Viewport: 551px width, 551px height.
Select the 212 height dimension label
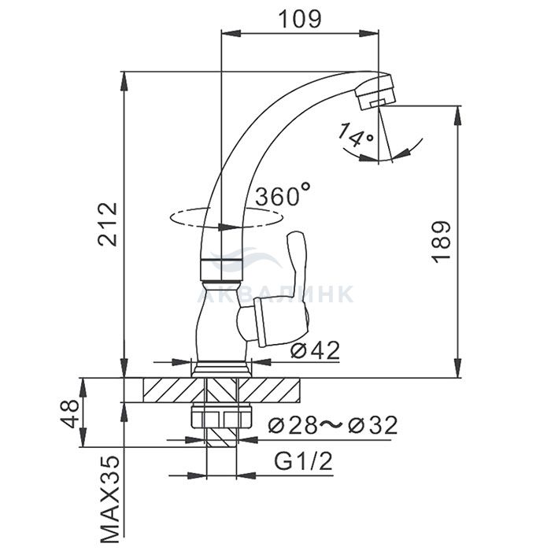pyautogui.click(x=108, y=224)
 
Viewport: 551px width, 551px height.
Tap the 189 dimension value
pyautogui.click(x=441, y=242)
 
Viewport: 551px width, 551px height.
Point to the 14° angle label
pyautogui.click(x=355, y=135)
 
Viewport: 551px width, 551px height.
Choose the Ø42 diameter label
pyautogui.click(x=316, y=350)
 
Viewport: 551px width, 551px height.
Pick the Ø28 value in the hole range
pyautogui.click(x=293, y=425)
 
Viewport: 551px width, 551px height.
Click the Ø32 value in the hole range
pyautogui.click(x=372, y=425)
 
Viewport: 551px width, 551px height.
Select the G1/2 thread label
pyautogui.click(x=303, y=461)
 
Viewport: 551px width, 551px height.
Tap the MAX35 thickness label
pyautogui.click(x=110, y=500)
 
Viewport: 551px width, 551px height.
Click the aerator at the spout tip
pyautogui.click(x=375, y=91)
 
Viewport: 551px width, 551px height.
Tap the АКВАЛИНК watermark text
pyautogui.click(x=275, y=294)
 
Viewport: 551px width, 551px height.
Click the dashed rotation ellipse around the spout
pyautogui.click(x=225, y=218)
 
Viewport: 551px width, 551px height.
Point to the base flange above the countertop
pyautogui.click(x=222, y=369)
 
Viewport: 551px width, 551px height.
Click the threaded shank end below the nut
pyautogui.click(x=222, y=438)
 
